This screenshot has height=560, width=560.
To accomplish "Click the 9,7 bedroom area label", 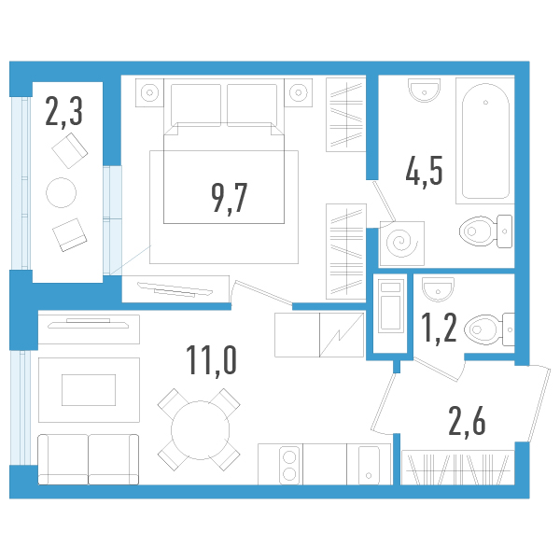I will click(229, 199).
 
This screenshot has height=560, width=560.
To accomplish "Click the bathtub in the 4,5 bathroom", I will click(483, 140).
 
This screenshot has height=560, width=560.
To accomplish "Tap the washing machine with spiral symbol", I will click(403, 242).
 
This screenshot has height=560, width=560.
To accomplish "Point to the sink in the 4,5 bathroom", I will click(424, 91).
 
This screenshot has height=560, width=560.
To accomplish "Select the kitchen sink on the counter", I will click(370, 463).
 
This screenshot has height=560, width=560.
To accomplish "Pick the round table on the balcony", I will click(63, 192).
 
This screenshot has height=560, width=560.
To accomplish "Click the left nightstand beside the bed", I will click(149, 92).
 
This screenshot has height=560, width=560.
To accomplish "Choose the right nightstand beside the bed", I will click(299, 92).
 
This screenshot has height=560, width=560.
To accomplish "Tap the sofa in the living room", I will click(88, 458).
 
